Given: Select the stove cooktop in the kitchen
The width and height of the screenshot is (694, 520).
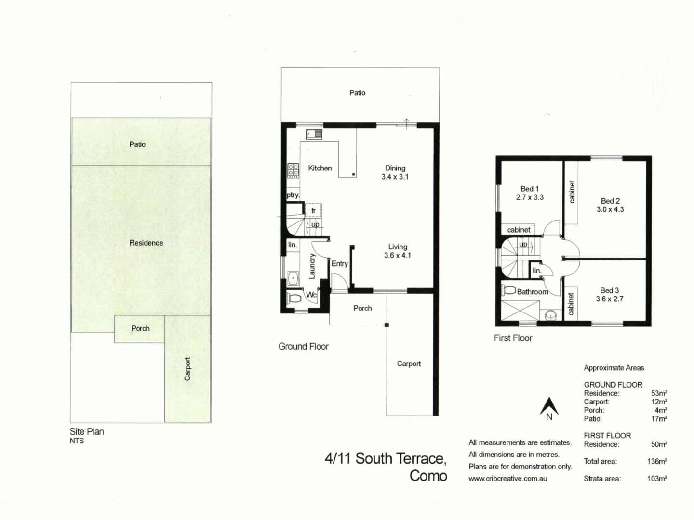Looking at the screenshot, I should tap(293, 170).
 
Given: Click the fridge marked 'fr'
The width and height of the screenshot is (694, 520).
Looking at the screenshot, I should tap(313, 210).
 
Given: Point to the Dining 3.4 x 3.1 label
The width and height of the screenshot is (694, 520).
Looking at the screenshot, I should tap(395, 172).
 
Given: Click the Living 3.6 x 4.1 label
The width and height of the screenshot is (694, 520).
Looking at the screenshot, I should tap(398, 251).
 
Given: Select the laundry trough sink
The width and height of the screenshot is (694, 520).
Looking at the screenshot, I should tap(292, 278).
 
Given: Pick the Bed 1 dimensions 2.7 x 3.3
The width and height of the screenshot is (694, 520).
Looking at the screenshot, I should tap(530, 197).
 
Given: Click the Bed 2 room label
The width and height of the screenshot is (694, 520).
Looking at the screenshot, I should tap(610, 201).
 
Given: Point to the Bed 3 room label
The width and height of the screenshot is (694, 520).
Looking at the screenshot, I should tap(610, 290).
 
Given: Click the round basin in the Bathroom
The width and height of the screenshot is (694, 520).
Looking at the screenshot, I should tap(551, 315).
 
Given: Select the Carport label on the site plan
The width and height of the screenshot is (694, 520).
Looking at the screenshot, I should tap(187, 369).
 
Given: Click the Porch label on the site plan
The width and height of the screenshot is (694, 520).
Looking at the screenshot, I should tap(140, 328).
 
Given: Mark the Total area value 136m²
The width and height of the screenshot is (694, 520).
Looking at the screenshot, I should tap(657, 461).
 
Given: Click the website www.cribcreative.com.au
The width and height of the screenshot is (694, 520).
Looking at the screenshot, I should tap(507, 479).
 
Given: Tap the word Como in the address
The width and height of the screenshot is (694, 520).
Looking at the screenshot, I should tap(428, 476).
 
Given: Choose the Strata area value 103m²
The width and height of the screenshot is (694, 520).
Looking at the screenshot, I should tap(657, 479).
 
